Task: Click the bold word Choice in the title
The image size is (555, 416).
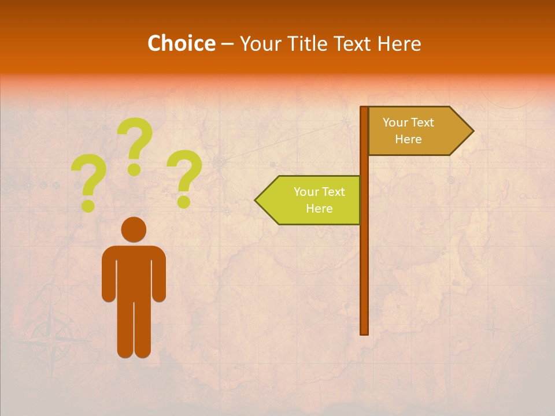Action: pos(181,43)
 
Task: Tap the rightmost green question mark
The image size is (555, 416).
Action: pos(184,176)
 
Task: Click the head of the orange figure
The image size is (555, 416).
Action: pos(134,229)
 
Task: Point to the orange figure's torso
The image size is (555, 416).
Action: pos(134,272)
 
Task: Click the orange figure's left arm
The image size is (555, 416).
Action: pos(108,277)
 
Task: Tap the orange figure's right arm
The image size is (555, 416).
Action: pos(159,277)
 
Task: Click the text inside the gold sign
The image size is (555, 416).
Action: pos(408,131)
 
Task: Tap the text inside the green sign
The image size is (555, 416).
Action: pos(319,200)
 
